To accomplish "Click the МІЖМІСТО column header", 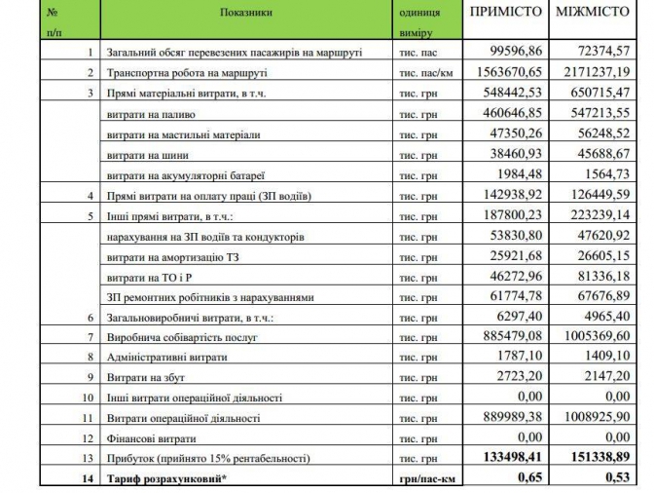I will click(x=593, y=14).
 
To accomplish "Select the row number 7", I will click(x=90, y=337).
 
